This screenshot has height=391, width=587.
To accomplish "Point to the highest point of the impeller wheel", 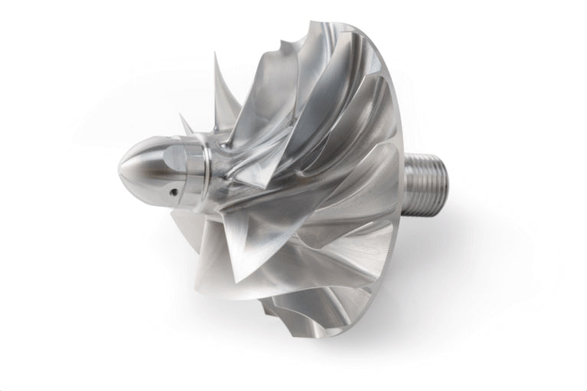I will tap(323, 21).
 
